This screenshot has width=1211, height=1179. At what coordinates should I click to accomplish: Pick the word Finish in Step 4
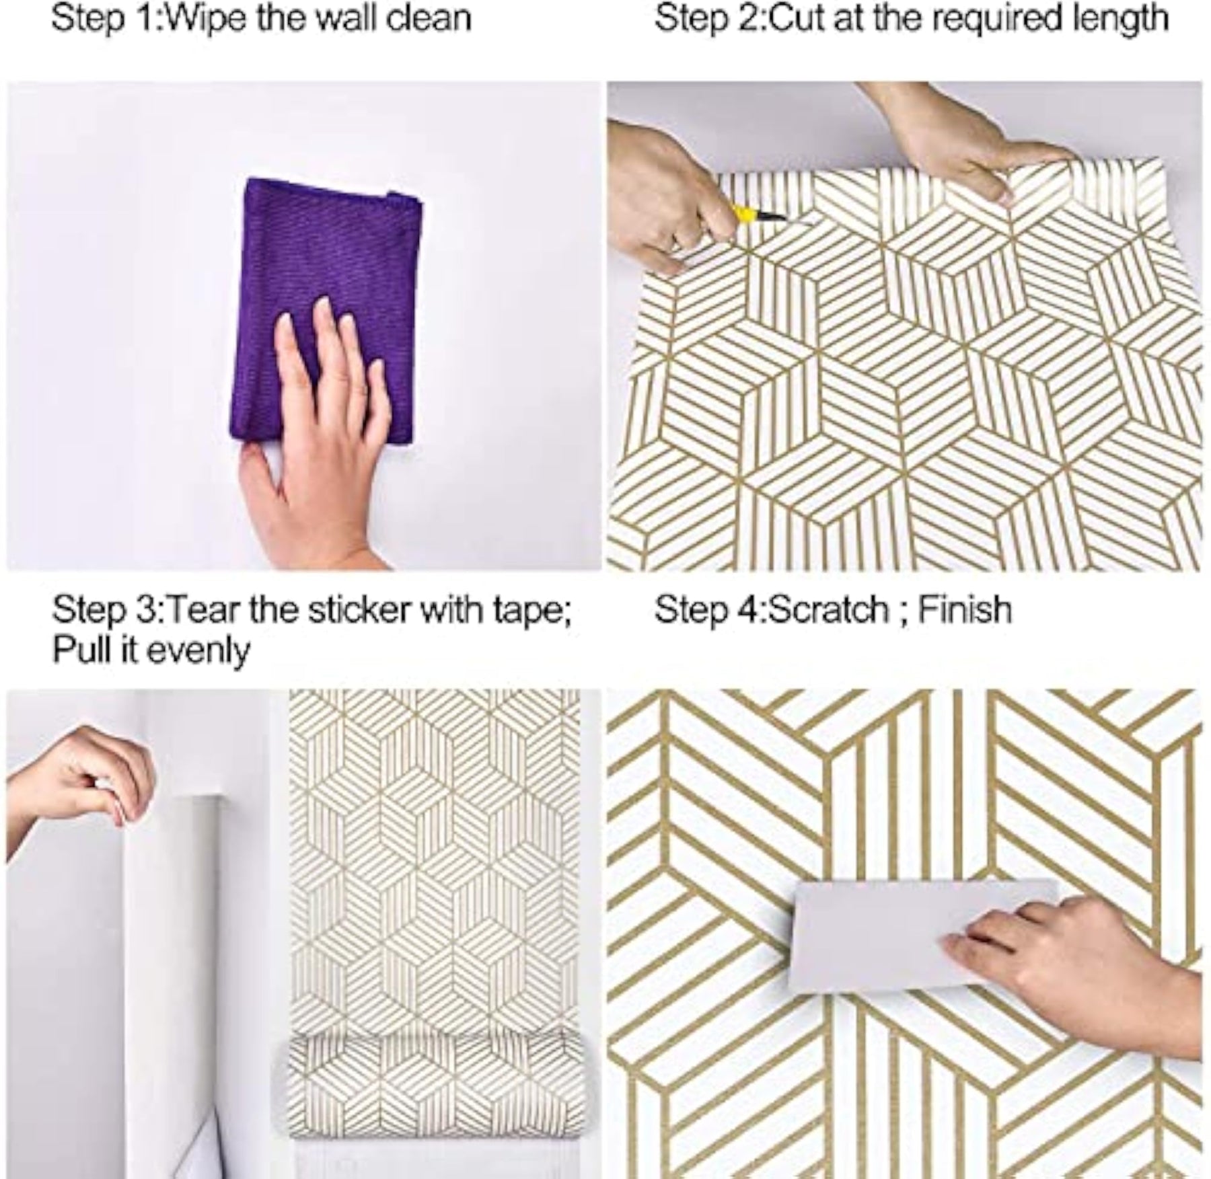pos(965,610)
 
